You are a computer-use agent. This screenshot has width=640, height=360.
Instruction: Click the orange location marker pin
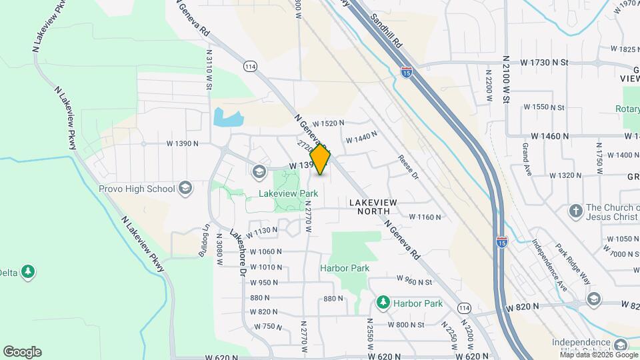click(321, 159)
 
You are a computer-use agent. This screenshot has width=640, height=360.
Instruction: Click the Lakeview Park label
click(289, 194)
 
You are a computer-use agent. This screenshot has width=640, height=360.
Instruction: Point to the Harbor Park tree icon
click(383, 303)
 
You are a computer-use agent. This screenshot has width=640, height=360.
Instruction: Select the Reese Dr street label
click(407, 167)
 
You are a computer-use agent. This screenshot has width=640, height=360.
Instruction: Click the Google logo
click(22, 352)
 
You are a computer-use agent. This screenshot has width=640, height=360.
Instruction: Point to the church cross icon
click(575, 211)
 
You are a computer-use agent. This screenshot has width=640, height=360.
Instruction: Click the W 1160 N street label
click(425, 217)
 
